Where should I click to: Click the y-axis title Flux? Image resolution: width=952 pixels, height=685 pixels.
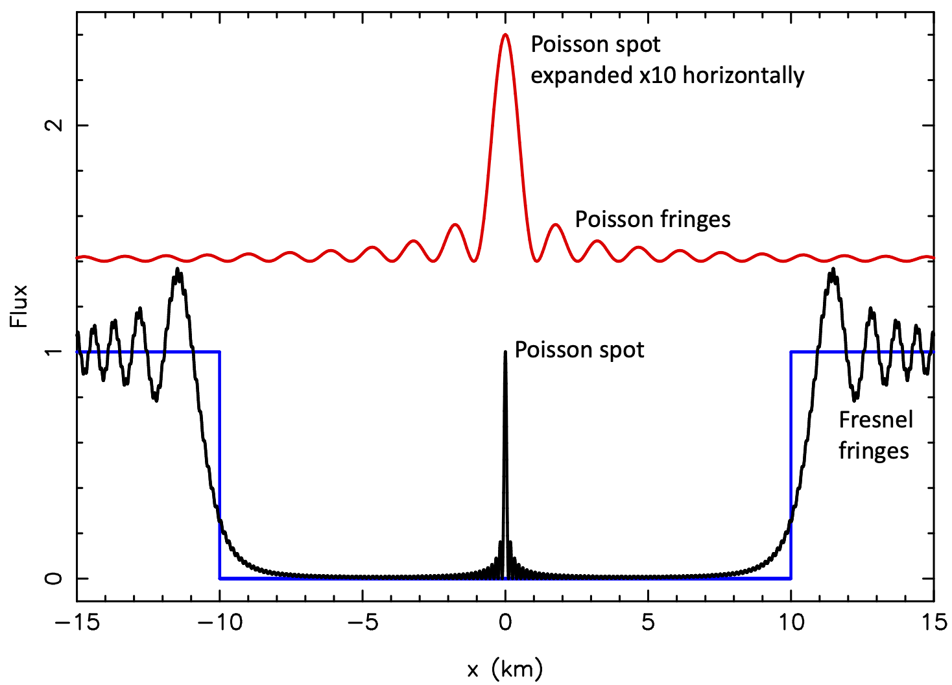(x=19, y=306)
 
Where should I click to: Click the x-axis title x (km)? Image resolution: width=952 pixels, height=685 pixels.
(x=505, y=669)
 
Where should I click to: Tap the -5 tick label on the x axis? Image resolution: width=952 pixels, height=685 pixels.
(x=363, y=623)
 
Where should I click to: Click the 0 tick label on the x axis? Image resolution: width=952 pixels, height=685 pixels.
(x=505, y=623)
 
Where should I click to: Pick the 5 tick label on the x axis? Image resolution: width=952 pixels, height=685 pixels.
(x=648, y=623)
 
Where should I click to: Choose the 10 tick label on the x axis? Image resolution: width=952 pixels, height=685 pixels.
(x=791, y=623)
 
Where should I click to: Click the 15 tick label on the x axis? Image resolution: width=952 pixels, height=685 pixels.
(x=933, y=623)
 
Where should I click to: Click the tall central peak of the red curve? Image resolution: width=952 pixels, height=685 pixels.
(x=505, y=36)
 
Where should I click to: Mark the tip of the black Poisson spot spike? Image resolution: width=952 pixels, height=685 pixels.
(x=505, y=352)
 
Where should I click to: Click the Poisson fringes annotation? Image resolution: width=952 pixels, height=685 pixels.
(x=652, y=220)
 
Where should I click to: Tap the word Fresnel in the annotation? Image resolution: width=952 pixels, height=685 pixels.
(x=875, y=420)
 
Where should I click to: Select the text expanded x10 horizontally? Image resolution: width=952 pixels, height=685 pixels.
(x=667, y=76)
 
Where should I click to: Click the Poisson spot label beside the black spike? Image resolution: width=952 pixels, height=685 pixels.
(x=579, y=350)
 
